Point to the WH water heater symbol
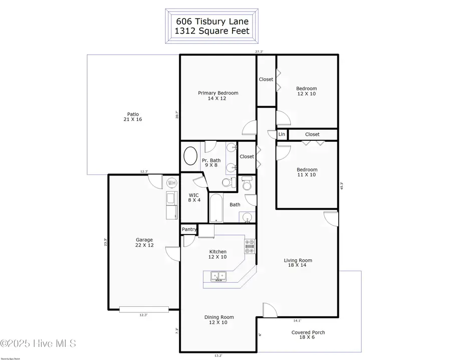(x=172, y=183)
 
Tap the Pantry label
(x=189, y=230)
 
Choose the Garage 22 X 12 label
(x=144, y=243)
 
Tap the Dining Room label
(x=219, y=319)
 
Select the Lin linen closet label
(x=282, y=134)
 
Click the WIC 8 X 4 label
(x=194, y=198)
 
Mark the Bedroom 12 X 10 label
(x=306, y=91)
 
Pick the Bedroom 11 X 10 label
(x=306, y=172)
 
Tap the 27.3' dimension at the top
(x=259, y=51)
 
